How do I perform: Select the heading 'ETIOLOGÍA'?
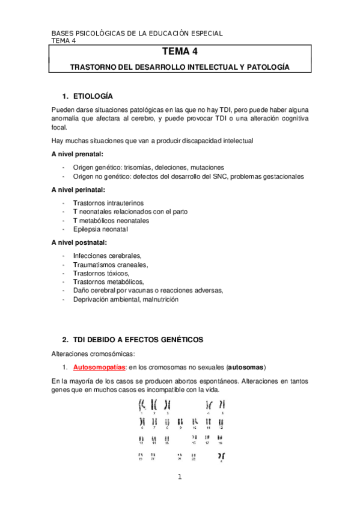click(93, 96)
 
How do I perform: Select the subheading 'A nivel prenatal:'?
click(78, 155)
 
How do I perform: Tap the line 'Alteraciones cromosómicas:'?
click(93, 354)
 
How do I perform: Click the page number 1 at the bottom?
click(179, 478)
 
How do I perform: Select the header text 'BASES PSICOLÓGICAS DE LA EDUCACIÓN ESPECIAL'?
click(137, 33)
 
